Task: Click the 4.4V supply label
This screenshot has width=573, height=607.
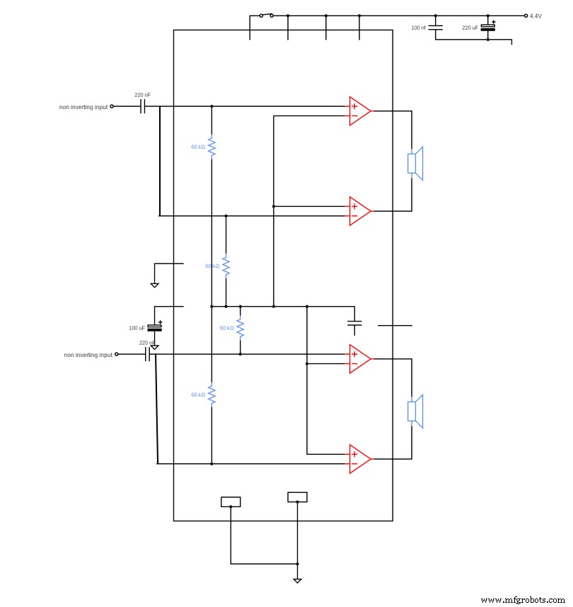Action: (536, 16)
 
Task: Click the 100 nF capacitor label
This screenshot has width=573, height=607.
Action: (419, 28)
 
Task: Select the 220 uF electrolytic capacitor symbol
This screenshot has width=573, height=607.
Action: (487, 27)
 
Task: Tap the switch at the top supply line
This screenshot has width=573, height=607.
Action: (266, 15)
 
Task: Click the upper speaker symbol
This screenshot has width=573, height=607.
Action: (416, 164)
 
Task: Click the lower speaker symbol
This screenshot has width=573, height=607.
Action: (416, 412)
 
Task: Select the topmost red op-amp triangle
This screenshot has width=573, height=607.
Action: (359, 111)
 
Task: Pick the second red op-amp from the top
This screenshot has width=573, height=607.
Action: (359, 211)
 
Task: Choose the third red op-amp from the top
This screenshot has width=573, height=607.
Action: (359, 359)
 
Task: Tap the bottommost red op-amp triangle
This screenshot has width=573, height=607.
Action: (359, 459)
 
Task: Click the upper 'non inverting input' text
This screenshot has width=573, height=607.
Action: (83, 107)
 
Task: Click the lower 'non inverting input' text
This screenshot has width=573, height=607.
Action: (88, 355)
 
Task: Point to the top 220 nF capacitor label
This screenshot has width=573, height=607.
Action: (142, 94)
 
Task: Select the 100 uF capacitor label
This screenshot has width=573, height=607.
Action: (137, 328)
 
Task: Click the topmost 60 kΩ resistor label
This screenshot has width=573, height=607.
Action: (198, 147)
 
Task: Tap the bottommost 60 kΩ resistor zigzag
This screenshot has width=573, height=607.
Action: (212, 395)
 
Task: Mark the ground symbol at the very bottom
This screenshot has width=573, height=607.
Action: (297, 579)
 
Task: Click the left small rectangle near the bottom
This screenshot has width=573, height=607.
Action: (231, 501)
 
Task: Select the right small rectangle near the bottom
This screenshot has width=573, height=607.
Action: (297, 497)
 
